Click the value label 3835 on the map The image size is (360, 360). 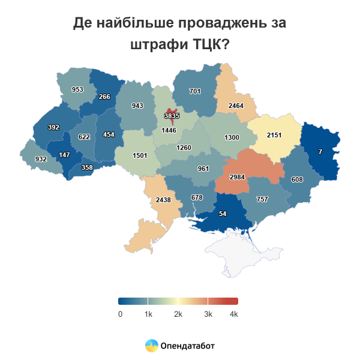tap(172, 116)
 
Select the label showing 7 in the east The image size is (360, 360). tap(320, 152)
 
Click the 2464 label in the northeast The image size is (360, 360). tap(236, 106)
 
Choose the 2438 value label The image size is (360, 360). tap(164, 199)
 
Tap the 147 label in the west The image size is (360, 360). tap(65, 155)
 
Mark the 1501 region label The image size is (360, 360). tap(140, 155)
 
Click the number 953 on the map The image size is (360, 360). tap(77, 89)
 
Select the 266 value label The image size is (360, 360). tap(104, 97)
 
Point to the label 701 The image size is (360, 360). tap(194, 91)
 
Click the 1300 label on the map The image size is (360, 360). tap(232, 137)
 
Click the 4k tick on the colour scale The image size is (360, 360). tap(233, 314)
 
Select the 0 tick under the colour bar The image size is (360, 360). tap(121, 314)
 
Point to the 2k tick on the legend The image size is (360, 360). tap(178, 314)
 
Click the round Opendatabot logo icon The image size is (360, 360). tap(151, 346)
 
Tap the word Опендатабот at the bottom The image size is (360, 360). tap(187, 346)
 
